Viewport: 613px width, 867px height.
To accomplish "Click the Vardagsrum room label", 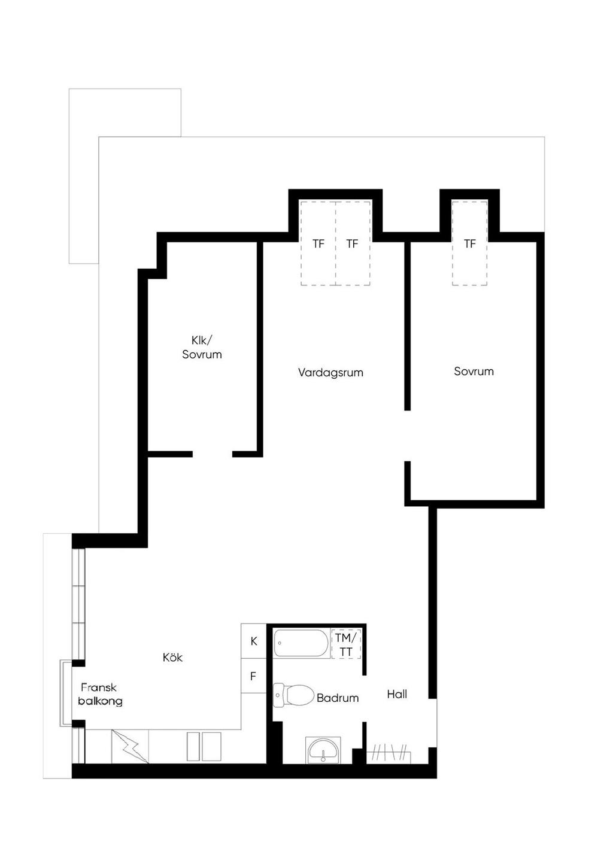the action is [330, 373].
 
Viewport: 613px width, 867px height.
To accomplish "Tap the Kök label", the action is [173, 657].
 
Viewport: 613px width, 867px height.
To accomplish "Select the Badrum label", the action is [337, 698].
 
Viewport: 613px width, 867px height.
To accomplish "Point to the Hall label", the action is [397, 694].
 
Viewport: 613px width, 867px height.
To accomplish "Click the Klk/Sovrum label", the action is [202, 347].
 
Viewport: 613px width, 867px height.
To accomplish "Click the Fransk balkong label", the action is [101, 694].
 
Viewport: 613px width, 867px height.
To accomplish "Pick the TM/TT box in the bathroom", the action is [346, 644].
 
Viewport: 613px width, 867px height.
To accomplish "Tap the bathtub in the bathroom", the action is [301, 643].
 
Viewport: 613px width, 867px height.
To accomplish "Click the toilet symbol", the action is [293, 695].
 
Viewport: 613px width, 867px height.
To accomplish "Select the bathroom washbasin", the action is [323, 750].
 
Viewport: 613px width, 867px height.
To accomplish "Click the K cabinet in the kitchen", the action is [254, 641].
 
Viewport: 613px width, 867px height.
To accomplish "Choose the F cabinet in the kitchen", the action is [254, 676].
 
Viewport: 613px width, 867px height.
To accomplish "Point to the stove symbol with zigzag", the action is [130, 747].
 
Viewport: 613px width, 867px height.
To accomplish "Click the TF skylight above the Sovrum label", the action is [469, 244].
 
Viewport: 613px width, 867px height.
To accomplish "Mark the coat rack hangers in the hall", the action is [389, 752].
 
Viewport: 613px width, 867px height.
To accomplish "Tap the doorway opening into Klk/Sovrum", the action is [212, 454].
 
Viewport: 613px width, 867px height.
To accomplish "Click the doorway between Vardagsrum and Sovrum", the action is [408, 436].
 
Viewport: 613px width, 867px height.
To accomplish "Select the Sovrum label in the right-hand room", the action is [474, 372].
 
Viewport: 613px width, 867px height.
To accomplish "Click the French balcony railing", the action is [62, 693].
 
